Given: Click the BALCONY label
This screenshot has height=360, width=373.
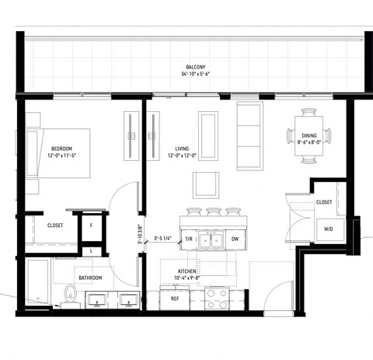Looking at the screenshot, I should point(194,68).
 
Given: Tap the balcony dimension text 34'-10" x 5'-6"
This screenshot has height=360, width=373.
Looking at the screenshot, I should point(194,75).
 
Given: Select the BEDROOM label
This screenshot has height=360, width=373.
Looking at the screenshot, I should point(61,148).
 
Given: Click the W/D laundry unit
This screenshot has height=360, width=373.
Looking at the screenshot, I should point(328,229).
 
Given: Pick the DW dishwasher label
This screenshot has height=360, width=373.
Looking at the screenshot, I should point(235,239).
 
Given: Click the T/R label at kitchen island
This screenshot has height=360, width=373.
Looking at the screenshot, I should point(187,239).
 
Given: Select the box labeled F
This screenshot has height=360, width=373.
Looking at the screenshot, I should point(92,225).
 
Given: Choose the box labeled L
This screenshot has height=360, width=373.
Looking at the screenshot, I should point(92,250).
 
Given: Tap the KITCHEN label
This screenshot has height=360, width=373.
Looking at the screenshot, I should point(190,271).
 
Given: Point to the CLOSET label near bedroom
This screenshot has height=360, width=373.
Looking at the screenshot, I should point(54,225).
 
